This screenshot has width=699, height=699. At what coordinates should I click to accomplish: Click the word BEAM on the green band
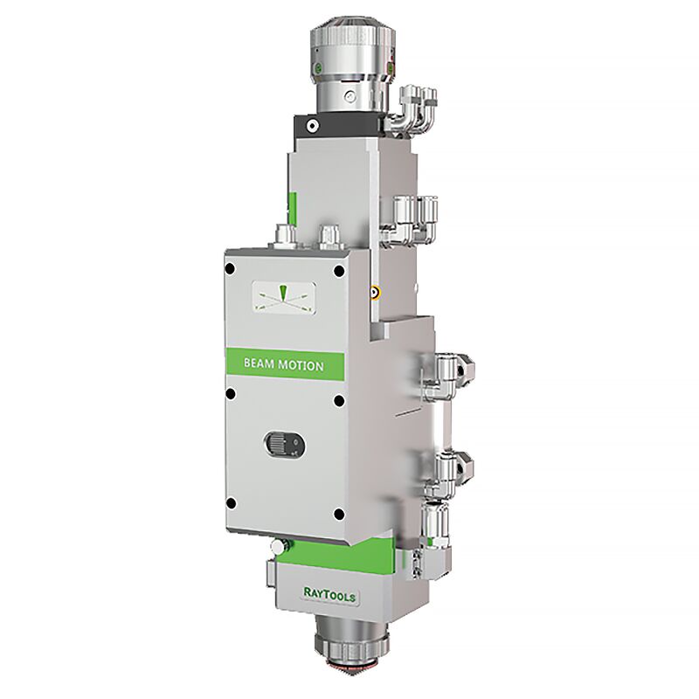click(x=259, y=363)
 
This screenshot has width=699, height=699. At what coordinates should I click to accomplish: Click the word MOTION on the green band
click(x=301, y=365)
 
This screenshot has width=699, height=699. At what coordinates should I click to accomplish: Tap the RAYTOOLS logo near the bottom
click(x=329, y=595)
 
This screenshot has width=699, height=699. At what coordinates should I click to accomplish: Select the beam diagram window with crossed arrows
click(x=285, y=297)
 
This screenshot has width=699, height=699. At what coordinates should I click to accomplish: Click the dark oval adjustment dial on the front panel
click(x=285, y=444)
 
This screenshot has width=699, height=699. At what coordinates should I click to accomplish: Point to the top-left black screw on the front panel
click(x=230, y=269)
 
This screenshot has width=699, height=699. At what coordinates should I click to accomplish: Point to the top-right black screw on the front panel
click(x=339, y=271)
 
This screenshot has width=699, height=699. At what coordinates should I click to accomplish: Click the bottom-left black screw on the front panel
click(x=231, y=503)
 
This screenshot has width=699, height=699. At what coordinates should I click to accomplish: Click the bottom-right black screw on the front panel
click(x=339, y=515)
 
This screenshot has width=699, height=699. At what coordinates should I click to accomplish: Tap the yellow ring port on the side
click(x=375, y=293)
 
